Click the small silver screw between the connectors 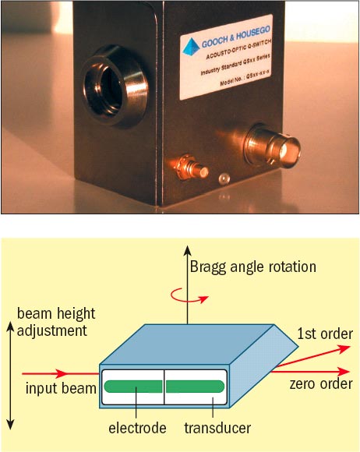click(x=224, y=179)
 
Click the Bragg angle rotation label click(x=253, y=267)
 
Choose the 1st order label click(x=326, y=334)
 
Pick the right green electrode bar click(x=196, y=385)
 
